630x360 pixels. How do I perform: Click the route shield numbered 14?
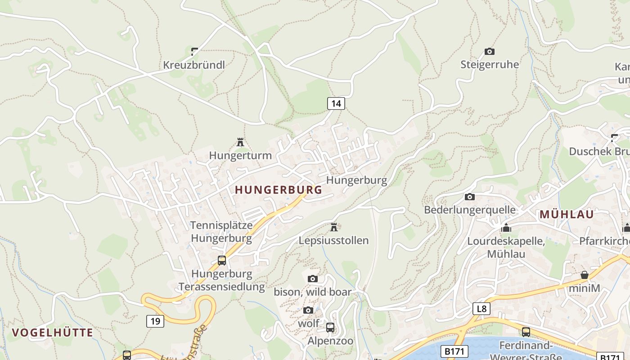[x=336, y=103]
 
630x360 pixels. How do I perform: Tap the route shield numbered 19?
[x=155, y=321]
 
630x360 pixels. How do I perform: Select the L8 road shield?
[x=481, y=309]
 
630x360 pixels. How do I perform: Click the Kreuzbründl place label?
[x=193, y=65]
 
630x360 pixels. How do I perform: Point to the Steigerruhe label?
[x=489, y=64]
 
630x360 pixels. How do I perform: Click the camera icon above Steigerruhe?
[x=489, y=52]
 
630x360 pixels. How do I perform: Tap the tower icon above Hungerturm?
[x=240, y=143]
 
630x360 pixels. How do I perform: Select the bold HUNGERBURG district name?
[x=279, y=190]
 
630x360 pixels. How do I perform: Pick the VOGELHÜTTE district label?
[x=52, y=333]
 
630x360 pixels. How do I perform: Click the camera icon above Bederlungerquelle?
[x=469, y=197]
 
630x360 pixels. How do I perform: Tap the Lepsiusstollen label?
[x=333, y=240]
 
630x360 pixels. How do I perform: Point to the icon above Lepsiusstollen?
[x=333, y=227]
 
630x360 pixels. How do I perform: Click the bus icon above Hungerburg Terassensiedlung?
[x=221, y=261]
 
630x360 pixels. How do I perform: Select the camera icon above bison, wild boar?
[x=312, y=279]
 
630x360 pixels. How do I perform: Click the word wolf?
[x=308, y=324]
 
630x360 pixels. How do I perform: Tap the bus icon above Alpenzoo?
[x=330, y=328]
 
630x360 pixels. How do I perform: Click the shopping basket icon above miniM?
[x=584, y=275]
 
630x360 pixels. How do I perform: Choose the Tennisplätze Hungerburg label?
[x=221, y=231]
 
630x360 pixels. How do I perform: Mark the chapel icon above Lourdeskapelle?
[x=506, y=228]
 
